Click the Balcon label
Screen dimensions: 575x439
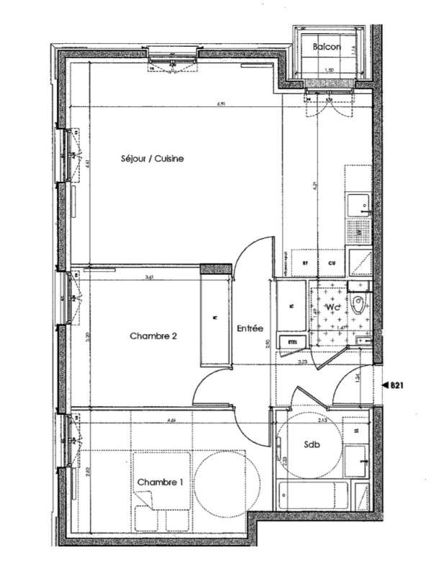pyautogui.click(x=325, y=47)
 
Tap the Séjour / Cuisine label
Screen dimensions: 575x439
pyautogui.click(x=152, y=158)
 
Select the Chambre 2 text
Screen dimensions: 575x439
pyautogui.click(x=153, y=336)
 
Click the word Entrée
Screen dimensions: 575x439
pyautogui.click(x=249, y=328)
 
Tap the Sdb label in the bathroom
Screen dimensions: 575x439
pyautogui.click(x=312, y=444)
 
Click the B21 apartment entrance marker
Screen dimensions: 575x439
pyautogui.click(x=395, y=386)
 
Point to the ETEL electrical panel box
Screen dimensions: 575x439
pyautogui.click(x=292, y=342)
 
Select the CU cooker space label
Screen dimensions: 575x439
pyautogui.click(x=332, y=263)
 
